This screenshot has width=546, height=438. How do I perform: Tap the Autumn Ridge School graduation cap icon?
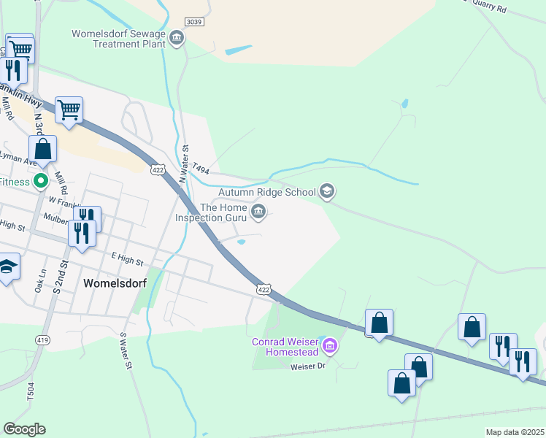coord(327,192)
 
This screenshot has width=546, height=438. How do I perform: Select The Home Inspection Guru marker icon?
coord(258,212)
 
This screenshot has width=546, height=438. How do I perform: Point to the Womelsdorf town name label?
coord(115,283)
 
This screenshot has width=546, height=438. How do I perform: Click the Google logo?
coord(24,429)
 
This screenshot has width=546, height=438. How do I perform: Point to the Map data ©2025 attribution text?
coord(515,432)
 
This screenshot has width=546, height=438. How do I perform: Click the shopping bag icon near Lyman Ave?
coord(44,149)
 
